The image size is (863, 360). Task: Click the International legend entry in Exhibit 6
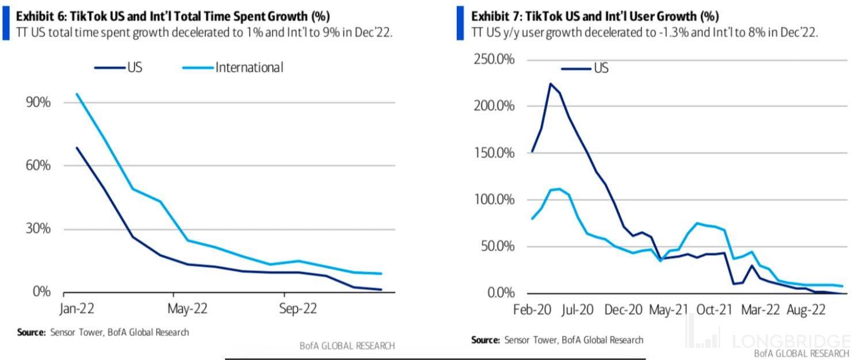(x=249, y=68)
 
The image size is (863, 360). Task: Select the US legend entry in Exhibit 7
(x=601, y=68)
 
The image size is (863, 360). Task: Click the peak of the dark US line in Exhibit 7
(x=550, y=84)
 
